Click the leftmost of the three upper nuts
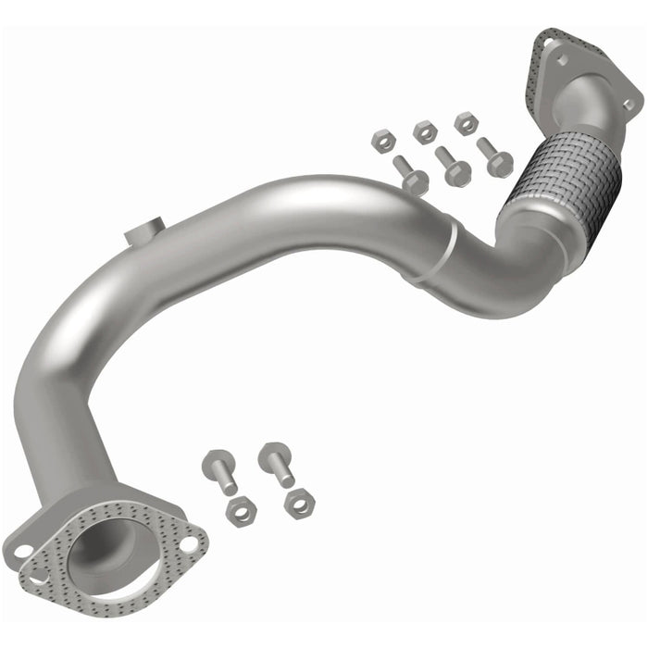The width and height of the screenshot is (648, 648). click(383, 141)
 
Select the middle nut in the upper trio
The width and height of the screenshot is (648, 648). click(425, 131)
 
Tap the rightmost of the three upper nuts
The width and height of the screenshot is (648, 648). click(466, 123)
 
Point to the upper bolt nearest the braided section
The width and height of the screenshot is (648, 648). click(494, 157)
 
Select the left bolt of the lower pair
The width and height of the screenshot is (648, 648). click(221, 470)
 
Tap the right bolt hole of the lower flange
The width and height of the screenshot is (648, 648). click(188, 543)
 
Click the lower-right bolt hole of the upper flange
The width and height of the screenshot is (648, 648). click(629, 104)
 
